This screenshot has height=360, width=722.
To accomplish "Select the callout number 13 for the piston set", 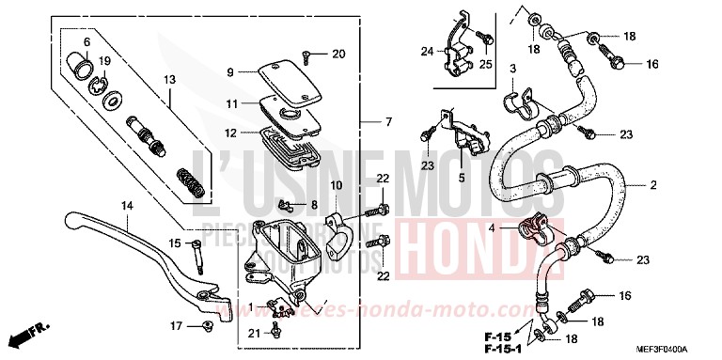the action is tap(170, 81).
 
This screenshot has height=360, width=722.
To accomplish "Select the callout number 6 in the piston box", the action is tap(86, 42).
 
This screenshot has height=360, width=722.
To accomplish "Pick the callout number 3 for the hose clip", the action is tap(513, 70).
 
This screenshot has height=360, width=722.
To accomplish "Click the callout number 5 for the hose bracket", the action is tap(462, 178).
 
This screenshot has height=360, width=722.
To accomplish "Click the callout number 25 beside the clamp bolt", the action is tap(486, 65).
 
